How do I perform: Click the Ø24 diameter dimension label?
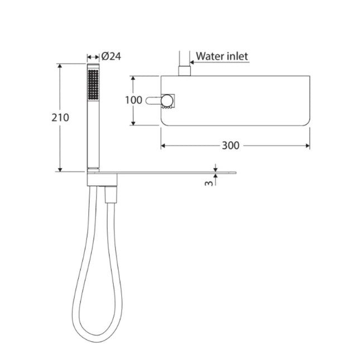point(112,56)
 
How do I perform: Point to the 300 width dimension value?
point(230,146)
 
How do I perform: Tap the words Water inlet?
point(222,56)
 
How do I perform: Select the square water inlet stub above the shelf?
point(184,71)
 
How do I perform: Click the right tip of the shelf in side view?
point(236,172)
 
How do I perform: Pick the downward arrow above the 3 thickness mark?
point(215,168)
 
